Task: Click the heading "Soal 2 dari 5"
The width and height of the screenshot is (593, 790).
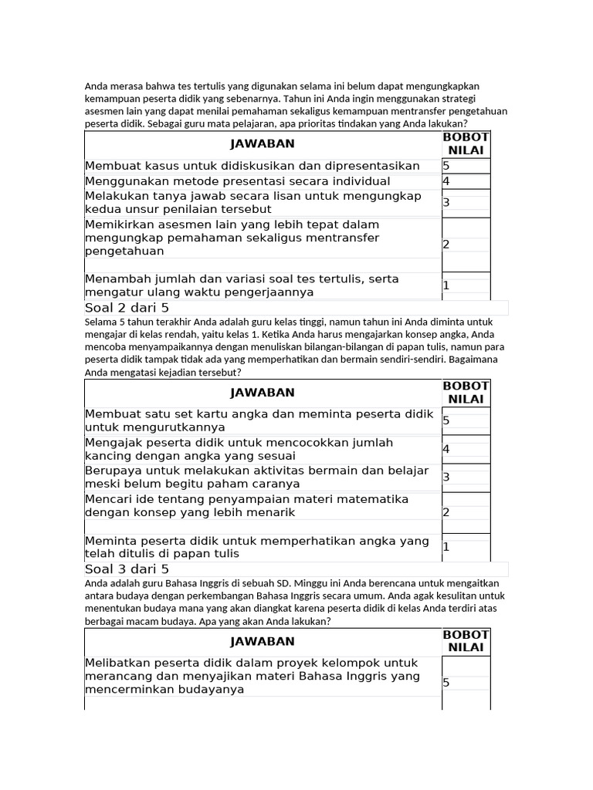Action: (127, 308)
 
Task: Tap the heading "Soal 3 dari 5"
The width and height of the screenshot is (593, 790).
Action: (127, 569)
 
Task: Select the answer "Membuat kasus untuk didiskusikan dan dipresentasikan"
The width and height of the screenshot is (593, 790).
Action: (252, 166)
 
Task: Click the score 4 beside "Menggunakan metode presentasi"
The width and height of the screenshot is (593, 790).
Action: (446, 181)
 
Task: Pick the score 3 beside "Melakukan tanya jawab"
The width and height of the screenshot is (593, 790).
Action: (446, 203)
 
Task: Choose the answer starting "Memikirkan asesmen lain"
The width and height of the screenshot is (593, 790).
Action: (232, 238)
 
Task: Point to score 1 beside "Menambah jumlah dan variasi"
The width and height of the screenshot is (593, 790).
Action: (446, 285)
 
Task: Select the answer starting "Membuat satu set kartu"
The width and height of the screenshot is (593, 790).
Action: (259, 420)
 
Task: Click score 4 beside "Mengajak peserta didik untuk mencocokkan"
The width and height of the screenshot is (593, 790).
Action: (446, 449)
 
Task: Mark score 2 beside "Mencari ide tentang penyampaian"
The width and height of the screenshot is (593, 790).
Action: (446, 512)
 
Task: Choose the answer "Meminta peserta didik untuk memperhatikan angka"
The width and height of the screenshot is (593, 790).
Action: (256, 547)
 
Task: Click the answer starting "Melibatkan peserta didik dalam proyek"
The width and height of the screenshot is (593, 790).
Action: (252, 676)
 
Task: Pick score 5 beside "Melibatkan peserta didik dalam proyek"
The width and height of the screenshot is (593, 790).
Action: (446, 683)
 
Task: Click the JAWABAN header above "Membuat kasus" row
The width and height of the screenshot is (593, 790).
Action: (263, 143)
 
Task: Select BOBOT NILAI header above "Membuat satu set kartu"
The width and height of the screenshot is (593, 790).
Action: (466, 392)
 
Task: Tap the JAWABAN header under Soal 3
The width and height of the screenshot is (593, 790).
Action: (263, 641)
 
